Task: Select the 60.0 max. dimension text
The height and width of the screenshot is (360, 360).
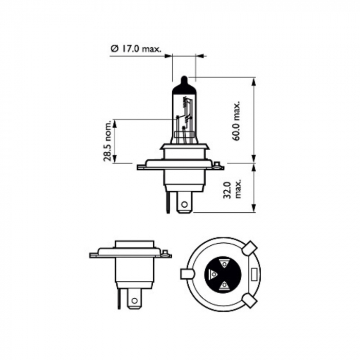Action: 237,121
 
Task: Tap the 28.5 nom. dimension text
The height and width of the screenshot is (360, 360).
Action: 107,142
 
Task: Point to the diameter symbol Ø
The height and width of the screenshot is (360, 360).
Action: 114,49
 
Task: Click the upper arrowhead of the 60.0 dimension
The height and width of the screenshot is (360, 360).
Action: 254,80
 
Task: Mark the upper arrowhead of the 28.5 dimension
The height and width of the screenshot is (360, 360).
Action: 115,122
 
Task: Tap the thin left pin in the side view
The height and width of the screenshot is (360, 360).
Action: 120,298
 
